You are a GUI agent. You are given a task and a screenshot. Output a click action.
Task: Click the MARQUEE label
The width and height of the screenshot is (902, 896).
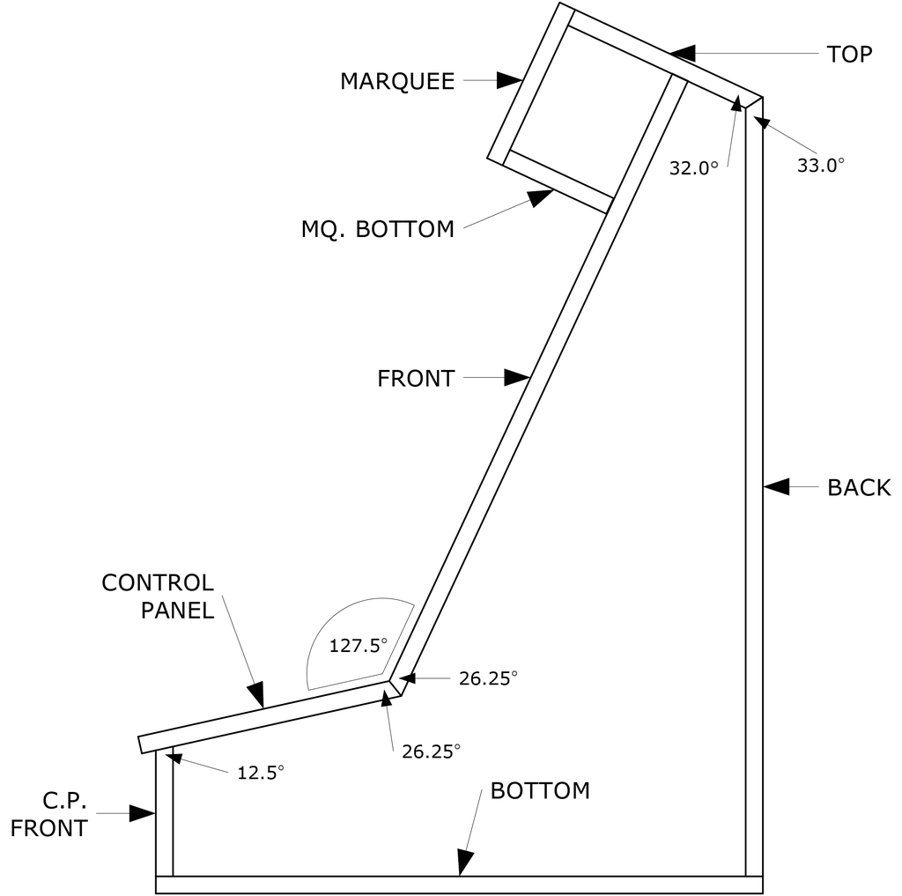point(397,82)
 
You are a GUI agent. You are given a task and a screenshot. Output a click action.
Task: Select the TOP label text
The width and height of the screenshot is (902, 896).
point(849,55)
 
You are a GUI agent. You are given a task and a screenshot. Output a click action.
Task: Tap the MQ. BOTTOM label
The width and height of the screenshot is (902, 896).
point(378,230)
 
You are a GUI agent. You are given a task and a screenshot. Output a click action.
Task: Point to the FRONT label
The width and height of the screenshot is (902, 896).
point(416,379)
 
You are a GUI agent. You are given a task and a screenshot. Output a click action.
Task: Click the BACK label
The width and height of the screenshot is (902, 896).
point(859,487)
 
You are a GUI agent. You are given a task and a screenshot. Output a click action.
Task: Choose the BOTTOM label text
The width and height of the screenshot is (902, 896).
point(540,790)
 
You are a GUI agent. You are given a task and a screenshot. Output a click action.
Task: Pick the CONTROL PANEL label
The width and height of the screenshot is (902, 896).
point(159,596)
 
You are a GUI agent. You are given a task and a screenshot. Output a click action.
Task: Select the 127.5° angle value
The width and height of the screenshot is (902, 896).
point(359,646)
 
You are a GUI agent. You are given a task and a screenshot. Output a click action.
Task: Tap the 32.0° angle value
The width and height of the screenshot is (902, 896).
point(694,167)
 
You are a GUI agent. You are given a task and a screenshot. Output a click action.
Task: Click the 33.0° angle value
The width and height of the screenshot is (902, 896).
point(821,165)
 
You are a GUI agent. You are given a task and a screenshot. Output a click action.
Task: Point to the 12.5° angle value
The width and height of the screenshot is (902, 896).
point(261,773)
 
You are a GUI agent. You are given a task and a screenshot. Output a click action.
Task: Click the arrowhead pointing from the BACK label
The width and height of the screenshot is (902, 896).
point(776,485)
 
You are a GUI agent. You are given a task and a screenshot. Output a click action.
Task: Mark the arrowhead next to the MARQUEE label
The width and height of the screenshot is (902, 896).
point(509,81)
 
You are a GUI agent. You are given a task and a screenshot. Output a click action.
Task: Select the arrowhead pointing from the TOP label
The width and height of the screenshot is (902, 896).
point(683,53)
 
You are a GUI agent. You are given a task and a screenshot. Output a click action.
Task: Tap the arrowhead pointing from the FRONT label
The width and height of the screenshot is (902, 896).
point(516,378)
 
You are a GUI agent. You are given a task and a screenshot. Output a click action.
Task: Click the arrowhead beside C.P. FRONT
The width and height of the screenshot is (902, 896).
point(142,813)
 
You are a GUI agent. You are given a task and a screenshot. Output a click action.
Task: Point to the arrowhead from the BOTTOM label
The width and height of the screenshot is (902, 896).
point(463,863)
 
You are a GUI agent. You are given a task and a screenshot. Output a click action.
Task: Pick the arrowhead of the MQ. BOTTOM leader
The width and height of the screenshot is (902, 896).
point(539,198)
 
